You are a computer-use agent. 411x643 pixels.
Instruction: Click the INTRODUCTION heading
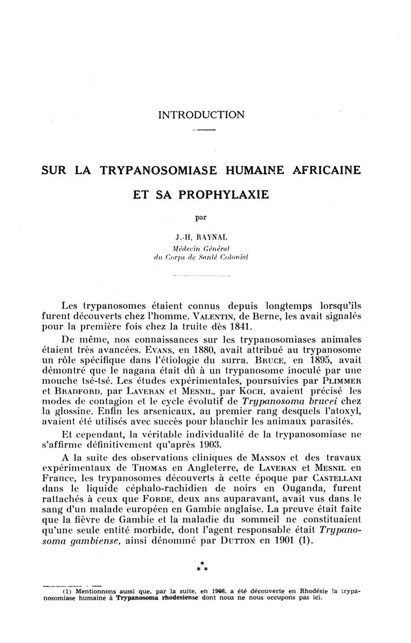[x=201, y=114]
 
